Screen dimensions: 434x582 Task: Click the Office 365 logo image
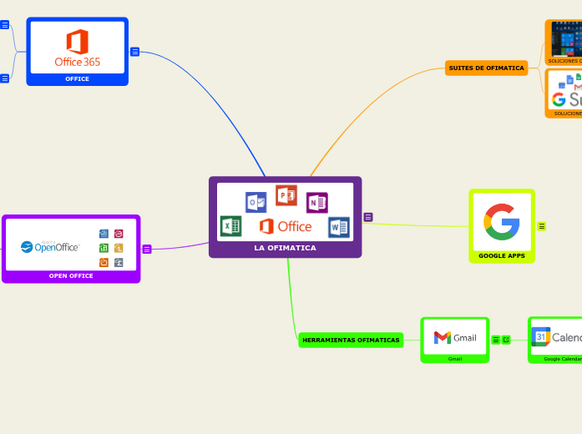tap(78, 48)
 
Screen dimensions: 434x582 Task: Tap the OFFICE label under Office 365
tap(78, 79)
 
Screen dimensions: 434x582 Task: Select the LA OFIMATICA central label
tap(285, 248)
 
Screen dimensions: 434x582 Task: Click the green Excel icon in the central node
tap(230, 226)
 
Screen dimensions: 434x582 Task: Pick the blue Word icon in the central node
tap(339, 227)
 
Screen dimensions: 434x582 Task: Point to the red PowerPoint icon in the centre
tap(286, 195)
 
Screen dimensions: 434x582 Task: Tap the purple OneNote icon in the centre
tap(317, 203)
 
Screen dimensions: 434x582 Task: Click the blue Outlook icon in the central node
tap(256, 202)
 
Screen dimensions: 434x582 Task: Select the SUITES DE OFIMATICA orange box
tap(486, 68)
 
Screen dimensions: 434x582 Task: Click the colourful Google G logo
tap(502, 221)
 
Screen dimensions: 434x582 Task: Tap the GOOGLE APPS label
tap(502, 255)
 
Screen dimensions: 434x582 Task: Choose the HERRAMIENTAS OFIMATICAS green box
tap(351, 340)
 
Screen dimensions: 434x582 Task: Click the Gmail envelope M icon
tap(443, 337)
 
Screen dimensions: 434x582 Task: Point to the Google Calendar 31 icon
tap(540, 336)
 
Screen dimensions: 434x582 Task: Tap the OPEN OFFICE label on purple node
tap(71, 275)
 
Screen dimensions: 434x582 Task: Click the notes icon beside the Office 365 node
tap(134, 52)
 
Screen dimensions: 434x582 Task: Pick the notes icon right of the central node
tap(368, 217)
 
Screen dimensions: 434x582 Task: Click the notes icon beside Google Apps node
tap(542, 226)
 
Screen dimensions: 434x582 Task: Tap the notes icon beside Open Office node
tap(147, 249)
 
